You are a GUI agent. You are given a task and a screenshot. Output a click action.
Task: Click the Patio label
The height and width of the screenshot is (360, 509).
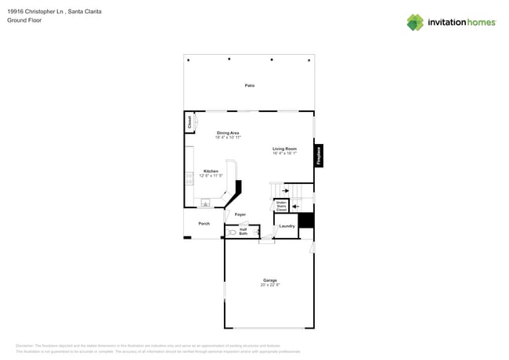pos(249,85)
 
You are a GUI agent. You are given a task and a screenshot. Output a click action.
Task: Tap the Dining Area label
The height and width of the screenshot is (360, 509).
pos(228,133)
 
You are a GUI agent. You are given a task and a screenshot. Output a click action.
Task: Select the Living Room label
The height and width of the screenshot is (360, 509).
pos(284,149)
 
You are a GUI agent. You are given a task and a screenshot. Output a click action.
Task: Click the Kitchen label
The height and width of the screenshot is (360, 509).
pos(211,171)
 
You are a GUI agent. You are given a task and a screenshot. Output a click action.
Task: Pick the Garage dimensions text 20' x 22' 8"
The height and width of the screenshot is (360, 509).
pos(269,285)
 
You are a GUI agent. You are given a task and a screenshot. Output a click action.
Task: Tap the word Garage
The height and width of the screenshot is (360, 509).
pos(269,280)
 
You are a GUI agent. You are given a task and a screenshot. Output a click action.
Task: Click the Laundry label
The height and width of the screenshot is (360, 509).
pos(287,226)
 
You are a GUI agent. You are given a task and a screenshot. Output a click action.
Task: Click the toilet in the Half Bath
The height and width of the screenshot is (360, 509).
pos(233,232)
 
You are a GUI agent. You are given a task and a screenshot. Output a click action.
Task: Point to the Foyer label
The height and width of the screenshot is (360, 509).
pos(240,214)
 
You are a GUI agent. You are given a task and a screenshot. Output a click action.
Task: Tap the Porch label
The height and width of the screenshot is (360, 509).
pos(204,224)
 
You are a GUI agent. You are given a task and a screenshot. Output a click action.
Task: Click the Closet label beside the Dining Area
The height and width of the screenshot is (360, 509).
pos(189,122)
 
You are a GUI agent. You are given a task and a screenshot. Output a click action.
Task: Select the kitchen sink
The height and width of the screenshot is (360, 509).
pos(205,203)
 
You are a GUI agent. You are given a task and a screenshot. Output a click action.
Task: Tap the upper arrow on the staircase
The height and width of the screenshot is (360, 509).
pos(286,189)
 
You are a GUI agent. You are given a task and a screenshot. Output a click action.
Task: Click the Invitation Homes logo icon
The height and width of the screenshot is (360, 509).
pos(414,22)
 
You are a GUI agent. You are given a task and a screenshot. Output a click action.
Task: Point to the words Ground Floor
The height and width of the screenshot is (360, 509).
pos(24,21)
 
